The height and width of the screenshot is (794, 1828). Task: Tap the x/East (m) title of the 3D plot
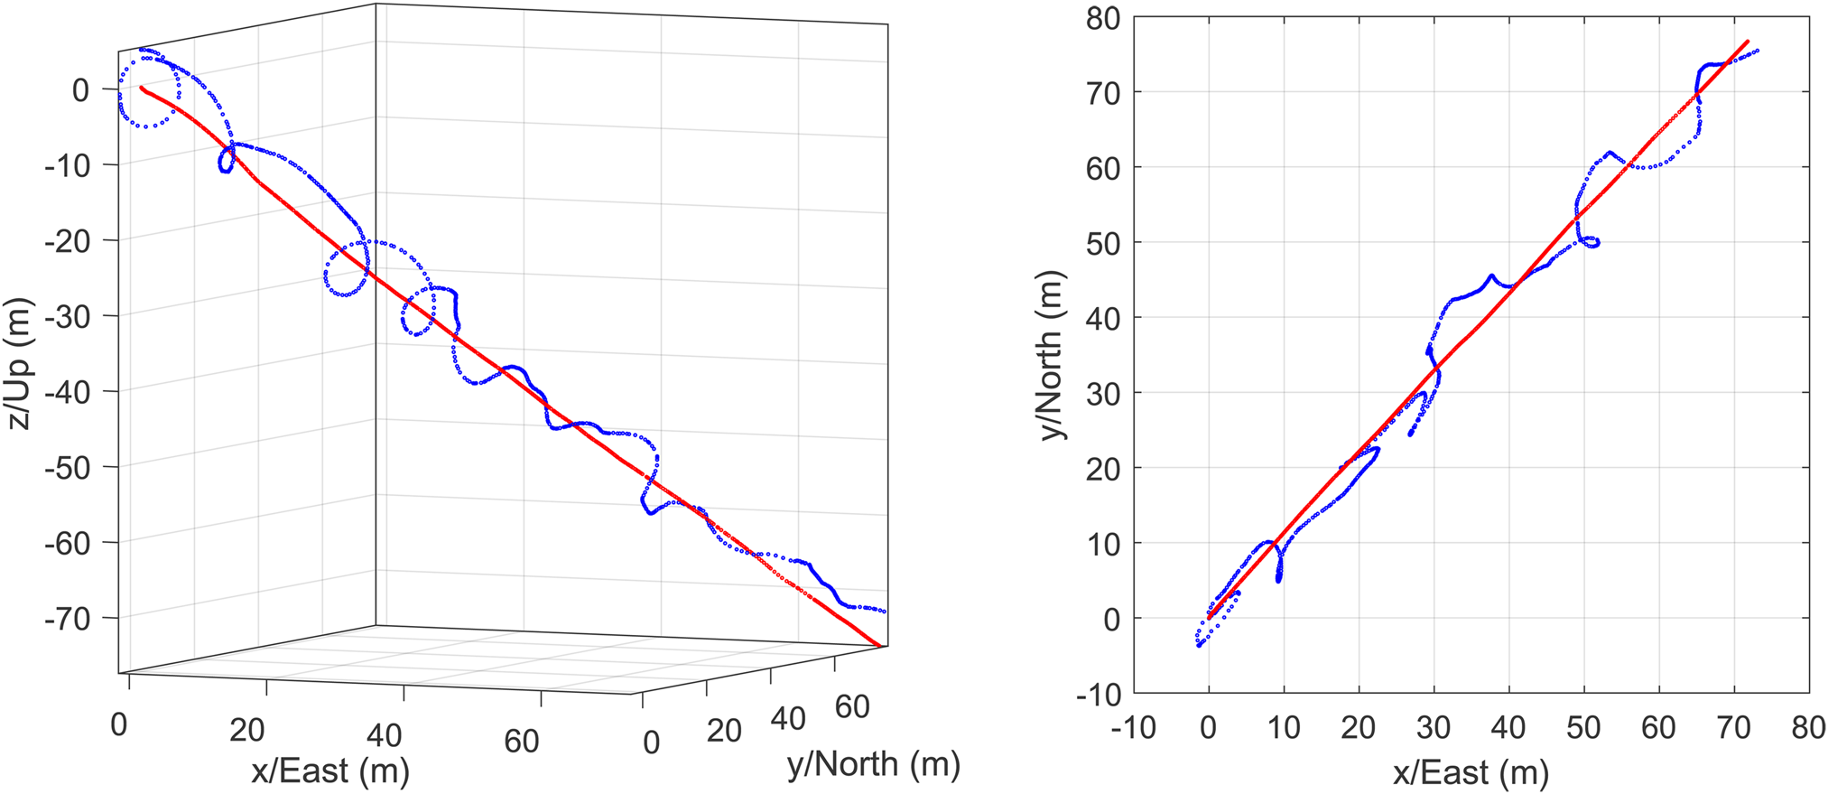(x=329, y=771)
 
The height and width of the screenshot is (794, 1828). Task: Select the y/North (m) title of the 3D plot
(x=873, y=764)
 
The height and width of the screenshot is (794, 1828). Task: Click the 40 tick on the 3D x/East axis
(x=385, y=735)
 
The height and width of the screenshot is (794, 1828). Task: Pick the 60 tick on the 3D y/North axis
(x=852, y=706)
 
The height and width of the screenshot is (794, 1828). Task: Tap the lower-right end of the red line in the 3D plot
(x=879, y=645)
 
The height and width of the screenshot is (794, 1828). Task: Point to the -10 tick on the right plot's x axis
(x=1133, y=727)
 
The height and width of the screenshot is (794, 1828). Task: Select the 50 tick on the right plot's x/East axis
(x=1583, y=727)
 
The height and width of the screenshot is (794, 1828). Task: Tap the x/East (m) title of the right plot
(x=1471, y=773)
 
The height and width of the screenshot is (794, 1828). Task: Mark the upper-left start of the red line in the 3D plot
(x=142, y=88)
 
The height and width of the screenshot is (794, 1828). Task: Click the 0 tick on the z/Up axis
(x=80, y=89)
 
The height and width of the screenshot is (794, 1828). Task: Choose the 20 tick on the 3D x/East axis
(x=246, y=730)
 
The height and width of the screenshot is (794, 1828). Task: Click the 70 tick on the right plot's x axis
(x=1734, y=727)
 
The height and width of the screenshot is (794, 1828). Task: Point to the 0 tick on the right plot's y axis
(x=1109, y=619)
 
